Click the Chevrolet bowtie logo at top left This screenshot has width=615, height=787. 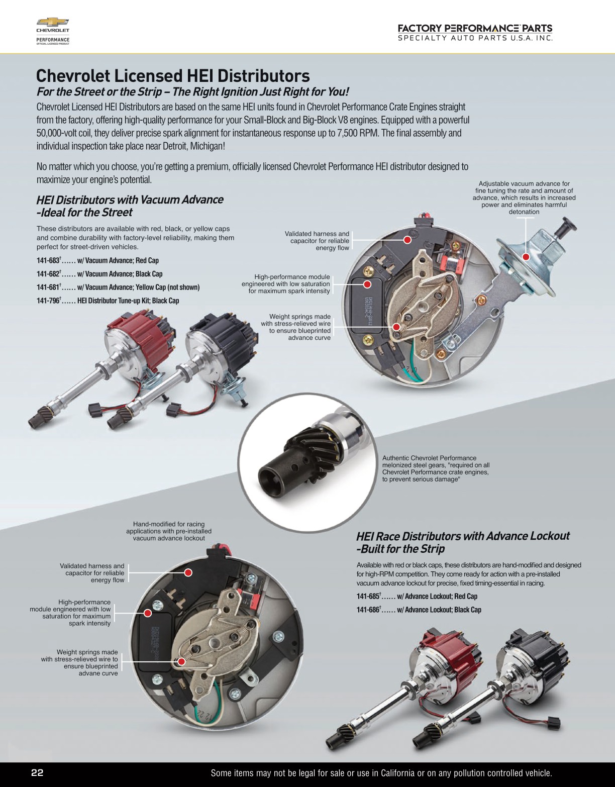(52, 23)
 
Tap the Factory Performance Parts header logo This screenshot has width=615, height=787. (475, 32)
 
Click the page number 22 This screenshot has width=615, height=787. (37, 773)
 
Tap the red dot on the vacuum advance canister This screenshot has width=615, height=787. (526, 257)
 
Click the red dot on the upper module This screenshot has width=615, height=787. (367, 284)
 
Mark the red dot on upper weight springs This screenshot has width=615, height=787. (396, 327)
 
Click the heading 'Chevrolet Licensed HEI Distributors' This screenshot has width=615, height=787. (173, 76)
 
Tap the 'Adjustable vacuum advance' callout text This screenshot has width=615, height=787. (524, 198)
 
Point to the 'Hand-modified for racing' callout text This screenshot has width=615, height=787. (169, 531)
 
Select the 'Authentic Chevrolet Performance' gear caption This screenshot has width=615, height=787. (436, 468)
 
